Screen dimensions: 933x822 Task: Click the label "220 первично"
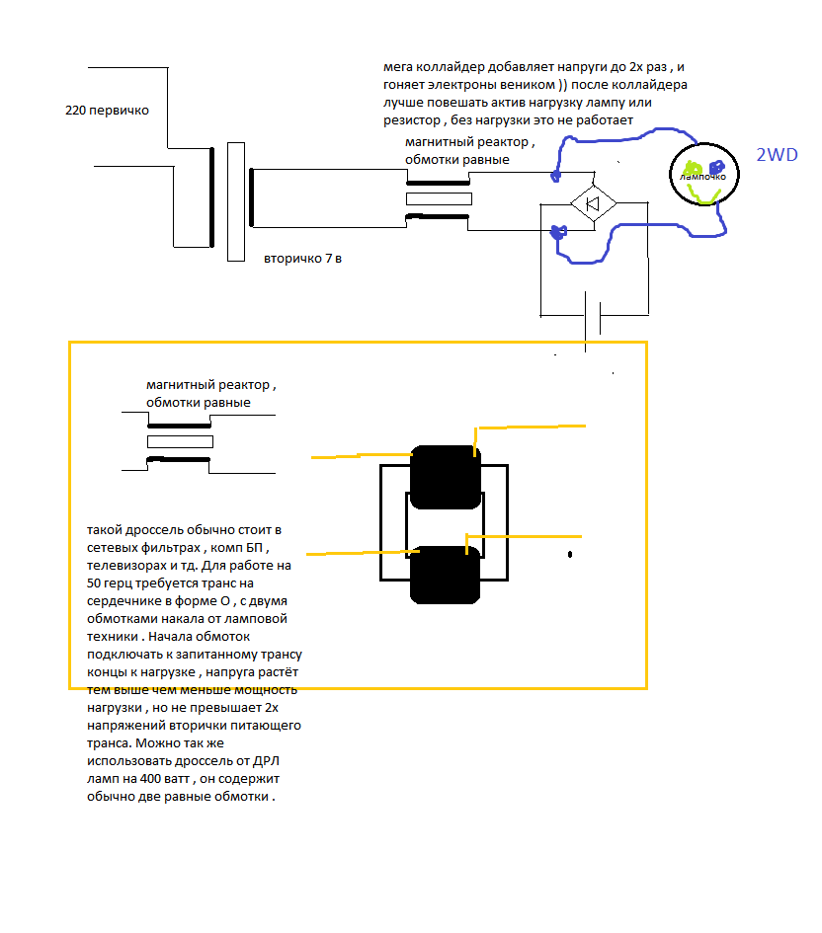point(107,111)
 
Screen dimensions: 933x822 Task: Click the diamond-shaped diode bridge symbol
point(593,203)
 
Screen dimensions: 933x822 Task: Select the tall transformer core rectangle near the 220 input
point(235,201)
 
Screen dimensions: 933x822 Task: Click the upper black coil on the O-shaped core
point(445,476)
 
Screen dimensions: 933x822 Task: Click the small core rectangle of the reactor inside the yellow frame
point(180,441)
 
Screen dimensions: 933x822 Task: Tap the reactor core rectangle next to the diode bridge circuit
point(439,199)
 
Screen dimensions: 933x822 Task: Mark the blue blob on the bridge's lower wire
point(558,234)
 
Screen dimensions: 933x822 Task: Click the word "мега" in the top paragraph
point(400,67)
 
